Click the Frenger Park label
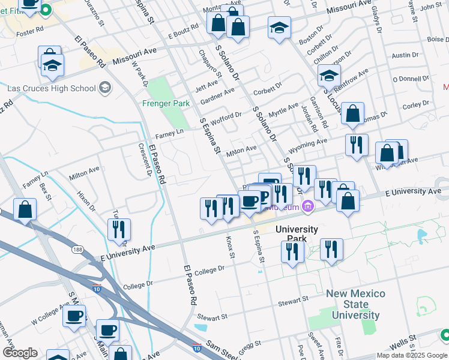(x=166, y=103)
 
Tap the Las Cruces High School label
(x=52, y=88)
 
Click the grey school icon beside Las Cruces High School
(x=105, y=88)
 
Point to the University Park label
(x=297, y=234)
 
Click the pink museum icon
(x=308, y=207)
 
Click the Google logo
(x=20, y=353)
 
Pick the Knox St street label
(x=229, y=247)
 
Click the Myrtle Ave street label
(x=283, y=110)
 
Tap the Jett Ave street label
(x=206, y=86)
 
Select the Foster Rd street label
(x=31, y=29)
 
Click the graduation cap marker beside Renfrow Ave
(x=329, y=76)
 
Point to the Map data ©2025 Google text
(x=411, y=355)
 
